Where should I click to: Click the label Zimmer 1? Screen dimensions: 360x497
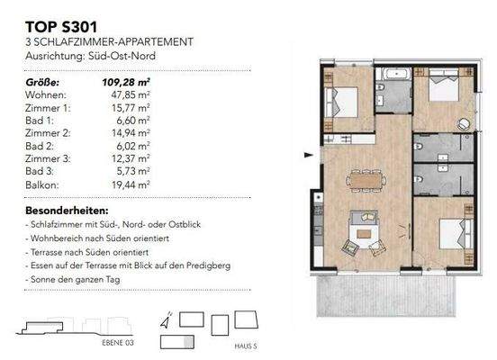click(46, 106)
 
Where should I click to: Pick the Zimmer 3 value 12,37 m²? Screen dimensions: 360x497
click(130, 157)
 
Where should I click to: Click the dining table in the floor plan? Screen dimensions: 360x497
click(365, 180)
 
